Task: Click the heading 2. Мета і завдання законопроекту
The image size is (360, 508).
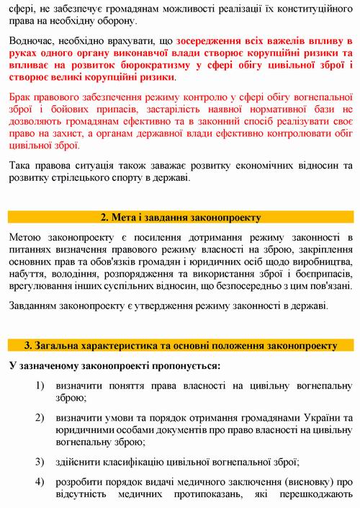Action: [180, 217]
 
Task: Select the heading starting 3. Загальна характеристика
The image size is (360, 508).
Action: [180, 344]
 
